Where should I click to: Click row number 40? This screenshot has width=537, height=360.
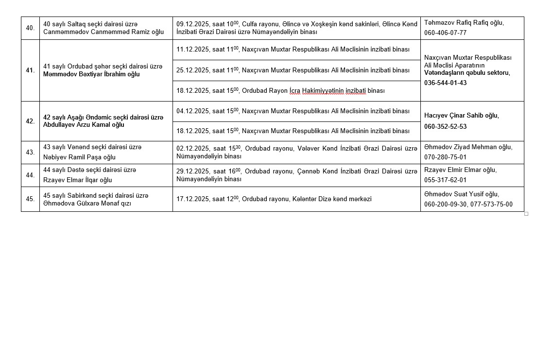click(x=30, y=28)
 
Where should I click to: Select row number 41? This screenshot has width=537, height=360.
click(x=30, y=70)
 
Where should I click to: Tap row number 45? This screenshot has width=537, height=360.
click(x=30, y=199)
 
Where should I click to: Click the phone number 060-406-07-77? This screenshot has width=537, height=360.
click(x=445, y=33)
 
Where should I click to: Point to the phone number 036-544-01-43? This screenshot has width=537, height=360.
click(x=445, y=83)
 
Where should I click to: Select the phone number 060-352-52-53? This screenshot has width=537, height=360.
click(x=445, y=126)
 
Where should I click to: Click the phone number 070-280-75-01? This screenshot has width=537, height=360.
click(x=445, y=157)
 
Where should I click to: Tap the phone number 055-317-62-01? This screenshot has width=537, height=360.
click(x=445, y=180)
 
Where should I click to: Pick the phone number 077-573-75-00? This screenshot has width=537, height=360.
click(x=491, y=205)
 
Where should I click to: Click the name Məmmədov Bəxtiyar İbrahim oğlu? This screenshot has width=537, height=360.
click(x=91, y=74)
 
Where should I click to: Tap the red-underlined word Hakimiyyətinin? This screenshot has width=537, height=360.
click(x=323, y=91)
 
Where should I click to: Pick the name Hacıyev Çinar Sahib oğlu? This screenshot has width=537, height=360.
click(x=461, y=116)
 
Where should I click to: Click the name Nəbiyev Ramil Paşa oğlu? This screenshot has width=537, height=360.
click(x=80, y=157)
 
